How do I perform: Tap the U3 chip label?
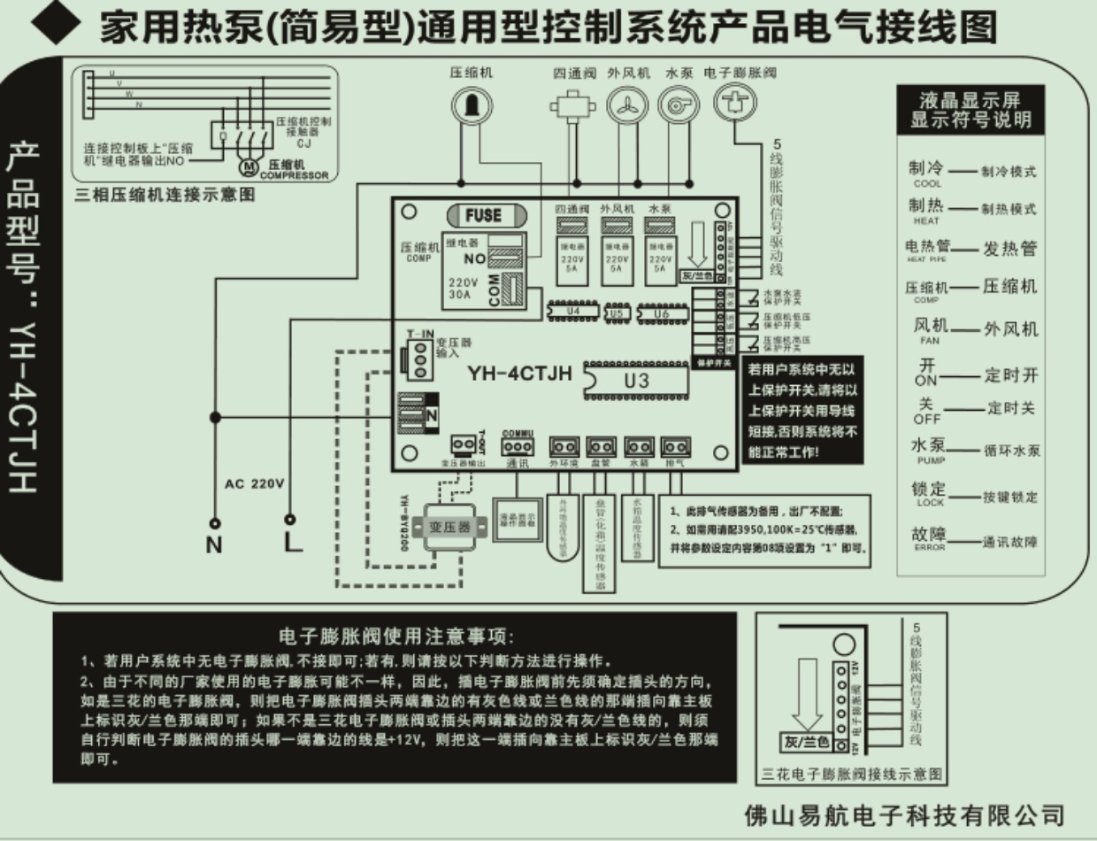tap(636, 382)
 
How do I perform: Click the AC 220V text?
tap(254, 484)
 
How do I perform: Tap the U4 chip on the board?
tap(572, 312)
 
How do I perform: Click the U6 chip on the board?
tap(661, 312)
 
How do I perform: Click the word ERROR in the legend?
tap(928, 548)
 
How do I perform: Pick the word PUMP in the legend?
tap(927, 460)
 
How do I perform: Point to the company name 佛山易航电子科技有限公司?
tap(904, 814)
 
